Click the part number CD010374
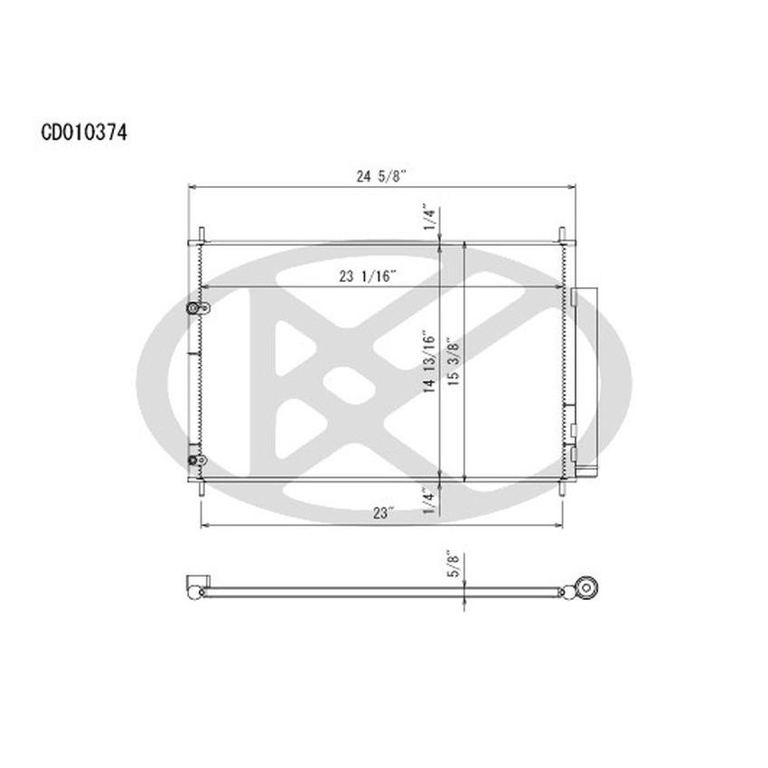(83, 132)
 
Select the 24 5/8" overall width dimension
(381, 177)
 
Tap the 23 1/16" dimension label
(369, 277)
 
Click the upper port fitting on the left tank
(194, 309)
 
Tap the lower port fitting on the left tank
(194, 462)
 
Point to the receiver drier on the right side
(584, 379)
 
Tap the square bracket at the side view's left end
(193, 585)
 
